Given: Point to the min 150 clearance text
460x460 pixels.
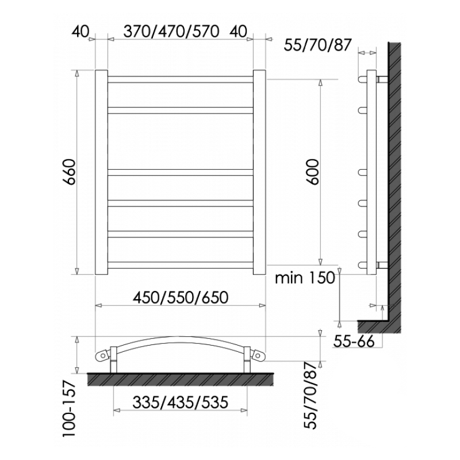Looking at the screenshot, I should pyautogui.click(x=304, y=279).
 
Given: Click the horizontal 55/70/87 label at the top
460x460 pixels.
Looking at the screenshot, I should pyautogui.click(x=317, y=45).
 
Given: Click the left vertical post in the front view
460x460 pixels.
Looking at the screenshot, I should pyautogui.click(x=101, y=172).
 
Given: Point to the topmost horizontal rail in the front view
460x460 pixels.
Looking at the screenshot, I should pyautogui.click(x=180, y=79).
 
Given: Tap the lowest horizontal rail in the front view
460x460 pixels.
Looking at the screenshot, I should pyautogui.click(x=180, y=265).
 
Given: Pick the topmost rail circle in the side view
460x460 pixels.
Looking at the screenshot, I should pyautogui.click(x=363, y=79).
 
